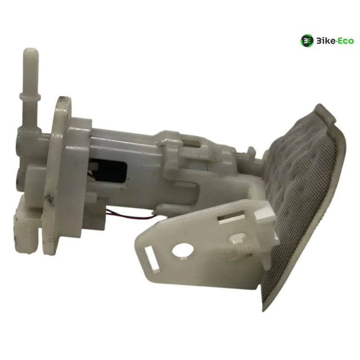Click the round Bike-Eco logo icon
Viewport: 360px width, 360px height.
click(307, 41)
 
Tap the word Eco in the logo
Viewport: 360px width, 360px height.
click(346, 41)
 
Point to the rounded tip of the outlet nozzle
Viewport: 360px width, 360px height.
click(31, 51)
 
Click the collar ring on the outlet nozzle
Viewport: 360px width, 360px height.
click(30, 97)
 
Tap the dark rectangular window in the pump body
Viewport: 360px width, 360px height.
click(108, 170)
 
